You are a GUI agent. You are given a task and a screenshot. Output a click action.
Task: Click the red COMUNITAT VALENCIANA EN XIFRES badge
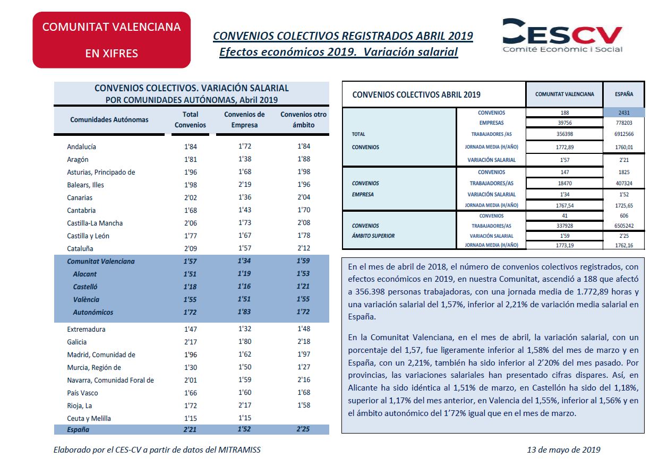[x=112, y=40]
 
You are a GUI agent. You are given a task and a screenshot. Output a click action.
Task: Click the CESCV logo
[x=562, y=36]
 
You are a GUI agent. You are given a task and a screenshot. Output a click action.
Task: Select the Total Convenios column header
[x=190, y=119]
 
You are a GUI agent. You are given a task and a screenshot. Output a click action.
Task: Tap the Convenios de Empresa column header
[x=244, y=119]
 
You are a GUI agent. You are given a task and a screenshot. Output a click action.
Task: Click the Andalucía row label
[x=81, y=146]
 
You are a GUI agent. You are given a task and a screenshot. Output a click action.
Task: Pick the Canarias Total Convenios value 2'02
[x=191, y=197]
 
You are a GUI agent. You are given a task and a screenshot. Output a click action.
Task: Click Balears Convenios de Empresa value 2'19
[x=245, y=185]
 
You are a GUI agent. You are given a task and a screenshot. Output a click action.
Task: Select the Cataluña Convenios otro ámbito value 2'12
[x=304, y=248]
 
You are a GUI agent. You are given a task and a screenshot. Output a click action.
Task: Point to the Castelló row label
[x=85, y=287]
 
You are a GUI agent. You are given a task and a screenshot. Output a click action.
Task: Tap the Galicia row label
[x=76, y=342]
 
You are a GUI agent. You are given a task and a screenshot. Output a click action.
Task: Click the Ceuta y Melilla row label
[x=89, y=419]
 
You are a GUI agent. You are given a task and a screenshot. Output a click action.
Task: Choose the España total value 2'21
[x=190, y=429]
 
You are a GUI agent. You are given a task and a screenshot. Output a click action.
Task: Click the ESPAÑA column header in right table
[x=624, y=94]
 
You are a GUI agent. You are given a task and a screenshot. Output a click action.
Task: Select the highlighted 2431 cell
[x=624, y=112]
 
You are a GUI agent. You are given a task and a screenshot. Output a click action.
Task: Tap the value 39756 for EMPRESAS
[x=564, y=123]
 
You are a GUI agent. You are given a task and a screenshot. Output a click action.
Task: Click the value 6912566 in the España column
[x=624, y=134]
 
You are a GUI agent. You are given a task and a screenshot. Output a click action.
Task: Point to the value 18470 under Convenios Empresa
[x=564, y=183]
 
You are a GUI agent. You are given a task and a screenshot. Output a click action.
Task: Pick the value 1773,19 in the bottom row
[x=564, y=245]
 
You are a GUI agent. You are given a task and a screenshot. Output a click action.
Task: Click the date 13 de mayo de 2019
[x=563, y=450]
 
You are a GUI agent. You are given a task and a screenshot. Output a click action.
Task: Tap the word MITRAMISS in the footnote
[x=239, y=450]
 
